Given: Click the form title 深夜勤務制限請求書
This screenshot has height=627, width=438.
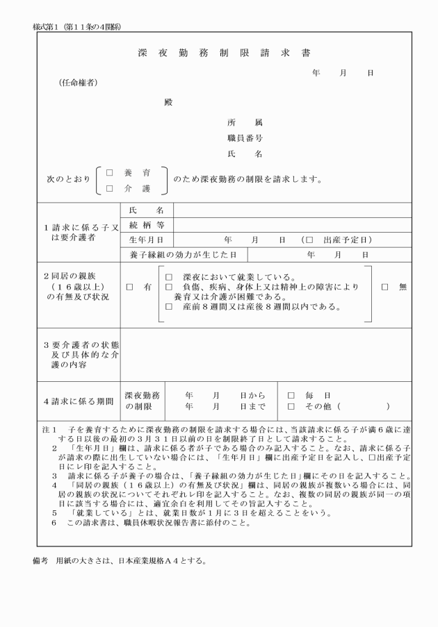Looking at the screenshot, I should (219, 53).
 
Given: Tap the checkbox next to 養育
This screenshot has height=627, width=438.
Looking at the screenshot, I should (109, 173).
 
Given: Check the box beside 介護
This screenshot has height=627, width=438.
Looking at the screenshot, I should (109, 187).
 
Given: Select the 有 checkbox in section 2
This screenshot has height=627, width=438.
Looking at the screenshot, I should (130, 286).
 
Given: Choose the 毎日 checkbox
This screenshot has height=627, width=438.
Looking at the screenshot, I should (291, 395).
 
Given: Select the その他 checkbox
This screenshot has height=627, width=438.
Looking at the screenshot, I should (291, 406).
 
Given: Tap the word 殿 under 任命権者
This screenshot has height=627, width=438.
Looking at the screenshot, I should (168, 102).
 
